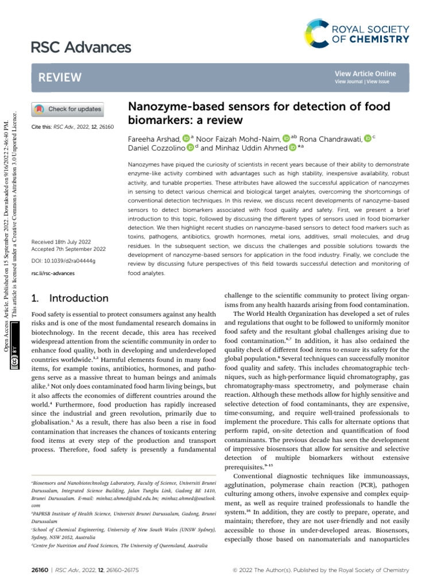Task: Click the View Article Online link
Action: point(365,73)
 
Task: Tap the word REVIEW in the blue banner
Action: point(59,78)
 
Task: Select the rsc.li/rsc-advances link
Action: point(52,273)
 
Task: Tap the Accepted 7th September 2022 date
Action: point(68,249)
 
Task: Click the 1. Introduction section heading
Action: point(68,298)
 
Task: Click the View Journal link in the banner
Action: point(348,82)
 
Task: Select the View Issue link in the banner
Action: point(376,82)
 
